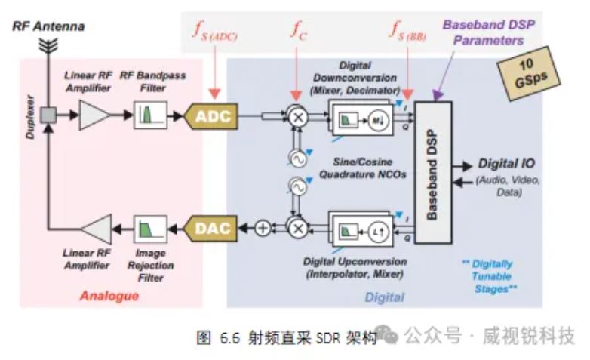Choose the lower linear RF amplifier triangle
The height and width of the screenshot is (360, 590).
click(x=96, y=226)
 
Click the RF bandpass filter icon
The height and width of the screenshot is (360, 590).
click(x=150, y=116)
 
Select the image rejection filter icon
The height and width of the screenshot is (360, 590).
click(x=149, y=226)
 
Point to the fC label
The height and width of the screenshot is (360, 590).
click(x=300, y=31)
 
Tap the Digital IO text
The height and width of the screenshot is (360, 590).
click(x=506, y=165)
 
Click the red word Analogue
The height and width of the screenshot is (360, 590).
click(x=110, y=295)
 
